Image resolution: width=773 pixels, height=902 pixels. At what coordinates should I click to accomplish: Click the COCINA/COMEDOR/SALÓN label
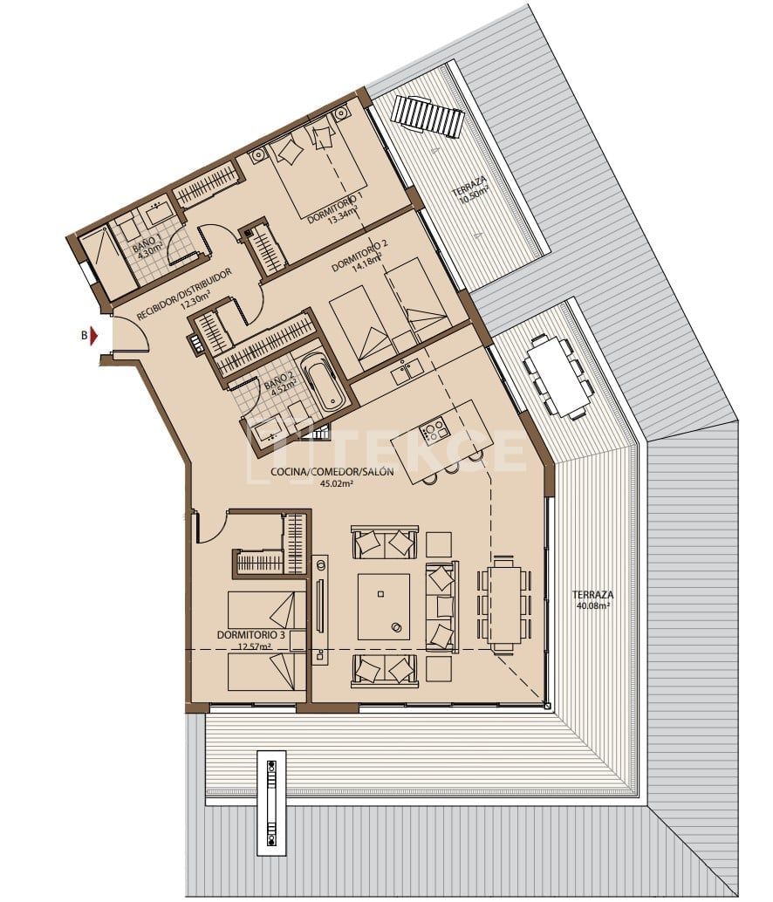click(332, 472)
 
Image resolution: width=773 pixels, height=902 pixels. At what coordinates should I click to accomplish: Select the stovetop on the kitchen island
click(434, 429)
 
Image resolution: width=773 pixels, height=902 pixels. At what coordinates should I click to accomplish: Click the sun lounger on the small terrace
click(427, 116)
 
